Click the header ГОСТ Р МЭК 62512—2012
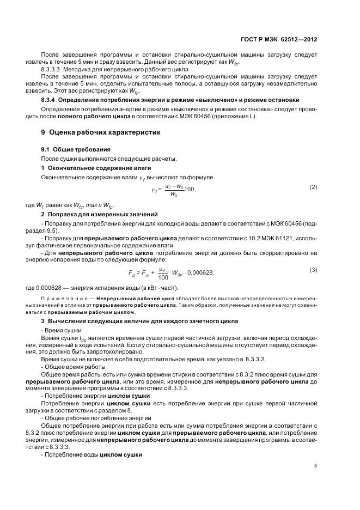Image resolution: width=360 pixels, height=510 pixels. coord(278,40)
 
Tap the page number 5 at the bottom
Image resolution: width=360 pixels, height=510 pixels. coord(316,465)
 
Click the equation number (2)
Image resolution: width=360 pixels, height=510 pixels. coord(313,187)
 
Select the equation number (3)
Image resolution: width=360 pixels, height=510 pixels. coord(313,270)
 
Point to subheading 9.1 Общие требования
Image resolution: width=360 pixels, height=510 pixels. coord(76,149)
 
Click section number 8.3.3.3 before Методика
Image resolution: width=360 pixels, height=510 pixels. coord(51,70)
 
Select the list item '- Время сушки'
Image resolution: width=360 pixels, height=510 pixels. coord(59,331)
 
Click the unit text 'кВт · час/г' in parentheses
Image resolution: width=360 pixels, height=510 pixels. coord(157,287)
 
